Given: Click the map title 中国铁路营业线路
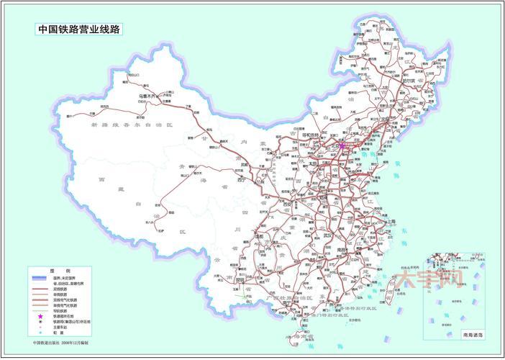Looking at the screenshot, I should pos(80,30).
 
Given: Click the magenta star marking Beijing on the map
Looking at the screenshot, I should pos(342,145).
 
